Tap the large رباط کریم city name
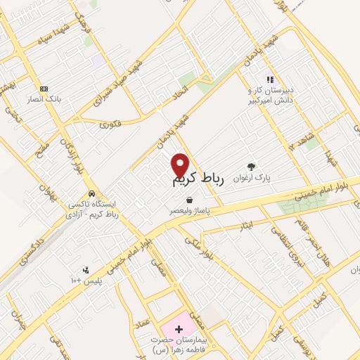(198, 181)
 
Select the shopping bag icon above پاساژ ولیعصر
(189, 200)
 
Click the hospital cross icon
(179, 328)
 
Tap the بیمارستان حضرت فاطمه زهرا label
(179, 344)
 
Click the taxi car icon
(91, 193)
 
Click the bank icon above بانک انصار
(44, 89)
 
